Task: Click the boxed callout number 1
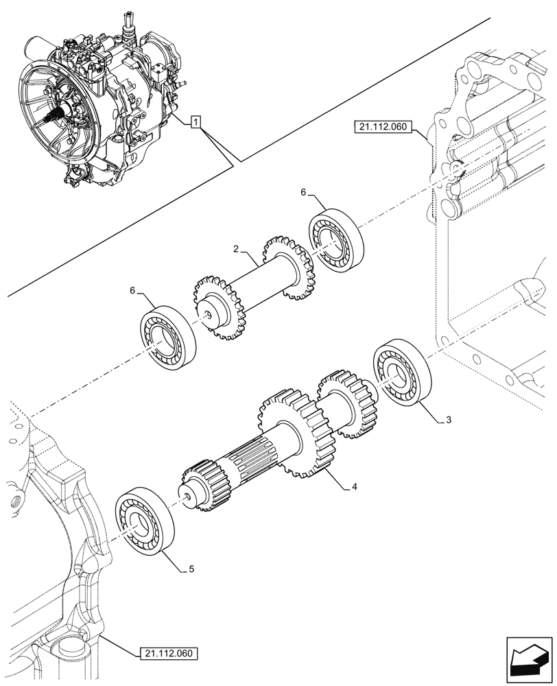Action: tap(196, 123)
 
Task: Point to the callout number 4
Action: tap(354, 487)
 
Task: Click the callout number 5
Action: tap(191, 569)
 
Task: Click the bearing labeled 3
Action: tap(401, 372)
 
